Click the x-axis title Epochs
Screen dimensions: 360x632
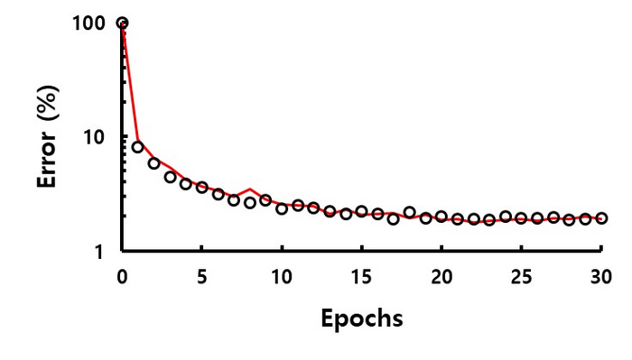(x=361, y=318)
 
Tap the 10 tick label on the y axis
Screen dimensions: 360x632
(x=96, y=137)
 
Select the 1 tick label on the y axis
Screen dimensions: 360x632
(x=101, y=252)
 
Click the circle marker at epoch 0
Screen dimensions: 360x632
(x=122, y=23)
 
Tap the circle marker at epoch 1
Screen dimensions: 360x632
(x=138, y=147)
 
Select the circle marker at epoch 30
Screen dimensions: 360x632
(x=601, y=218)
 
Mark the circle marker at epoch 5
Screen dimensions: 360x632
(x=202, y=188)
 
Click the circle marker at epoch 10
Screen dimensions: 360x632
(x=282, y=208)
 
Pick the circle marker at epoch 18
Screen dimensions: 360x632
(x=409, y=212)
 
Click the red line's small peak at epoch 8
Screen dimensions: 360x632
(x=250, y=189)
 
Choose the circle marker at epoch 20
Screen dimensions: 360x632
(x=441, y=217)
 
